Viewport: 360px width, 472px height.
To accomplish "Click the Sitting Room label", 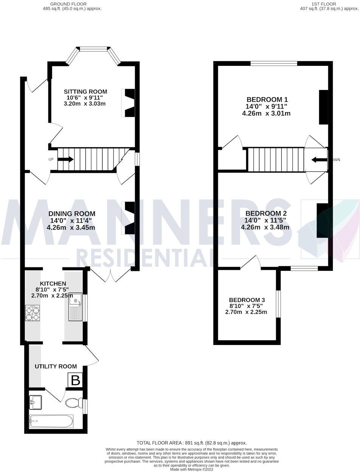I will point(85,92).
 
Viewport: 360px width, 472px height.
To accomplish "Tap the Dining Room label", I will point(72,214).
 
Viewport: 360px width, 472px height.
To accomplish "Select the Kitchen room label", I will point(53,284).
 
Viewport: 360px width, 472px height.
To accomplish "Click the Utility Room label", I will point(56,366).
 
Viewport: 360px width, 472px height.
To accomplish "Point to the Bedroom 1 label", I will point(267,100).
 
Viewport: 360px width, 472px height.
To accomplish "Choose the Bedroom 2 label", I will point(266,213).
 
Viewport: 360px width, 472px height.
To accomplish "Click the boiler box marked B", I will point(76,380).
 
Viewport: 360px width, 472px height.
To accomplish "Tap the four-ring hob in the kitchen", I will point(32,313).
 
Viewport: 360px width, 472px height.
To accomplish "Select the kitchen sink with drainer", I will point(75,307).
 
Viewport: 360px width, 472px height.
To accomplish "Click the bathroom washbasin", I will point(36,402).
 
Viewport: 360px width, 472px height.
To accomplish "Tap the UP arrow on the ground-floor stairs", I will point(65,159).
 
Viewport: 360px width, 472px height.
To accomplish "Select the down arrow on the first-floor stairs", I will point(319,160).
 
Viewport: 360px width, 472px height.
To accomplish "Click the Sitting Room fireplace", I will point(129,102).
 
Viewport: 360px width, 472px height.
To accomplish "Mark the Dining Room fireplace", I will point(129,218).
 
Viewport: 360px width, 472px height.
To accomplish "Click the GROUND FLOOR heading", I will point(68,4).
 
